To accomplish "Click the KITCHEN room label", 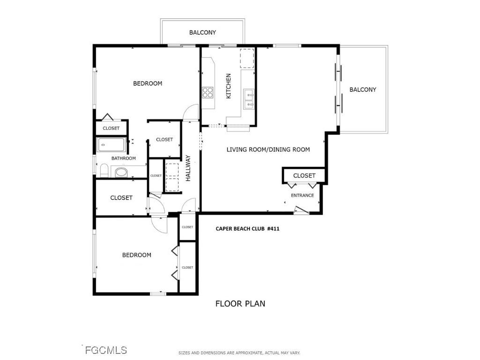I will click(x=229, y=86).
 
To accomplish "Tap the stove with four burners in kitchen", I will click(x=208, y=92).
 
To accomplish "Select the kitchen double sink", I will click(x=249, y=99).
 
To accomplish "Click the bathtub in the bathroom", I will click(x=112, y=145).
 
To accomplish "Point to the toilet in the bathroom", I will click(x=104, y=171).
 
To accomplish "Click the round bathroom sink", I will click(x=121, y=172).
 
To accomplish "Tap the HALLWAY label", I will click(x=188, y=168).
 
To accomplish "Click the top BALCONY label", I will click(x=202, y=32).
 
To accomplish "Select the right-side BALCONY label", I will click(x=363, y=90).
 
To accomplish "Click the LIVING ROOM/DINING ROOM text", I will click(x=268, y=150).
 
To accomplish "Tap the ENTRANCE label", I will click(x=302, y=195).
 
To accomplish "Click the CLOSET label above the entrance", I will click(x=304, y=175).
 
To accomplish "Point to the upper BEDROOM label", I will click(x=148, y=83).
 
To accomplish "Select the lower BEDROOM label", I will click(x=136, y=255).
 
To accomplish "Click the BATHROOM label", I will click(x=123, y=158).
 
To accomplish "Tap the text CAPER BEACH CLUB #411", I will click(x=247, y=229).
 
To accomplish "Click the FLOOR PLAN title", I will click(x=240, y=303).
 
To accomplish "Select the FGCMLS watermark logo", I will click(x=105, y=350).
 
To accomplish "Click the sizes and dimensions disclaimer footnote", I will click(x=239, y=352).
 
